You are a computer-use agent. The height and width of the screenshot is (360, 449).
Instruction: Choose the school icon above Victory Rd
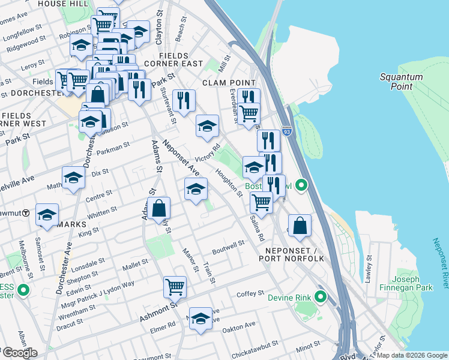(207, 125)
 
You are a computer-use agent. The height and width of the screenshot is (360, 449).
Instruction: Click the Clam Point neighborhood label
(229, 82)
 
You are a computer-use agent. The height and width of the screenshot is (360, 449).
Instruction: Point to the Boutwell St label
(229, 244)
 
